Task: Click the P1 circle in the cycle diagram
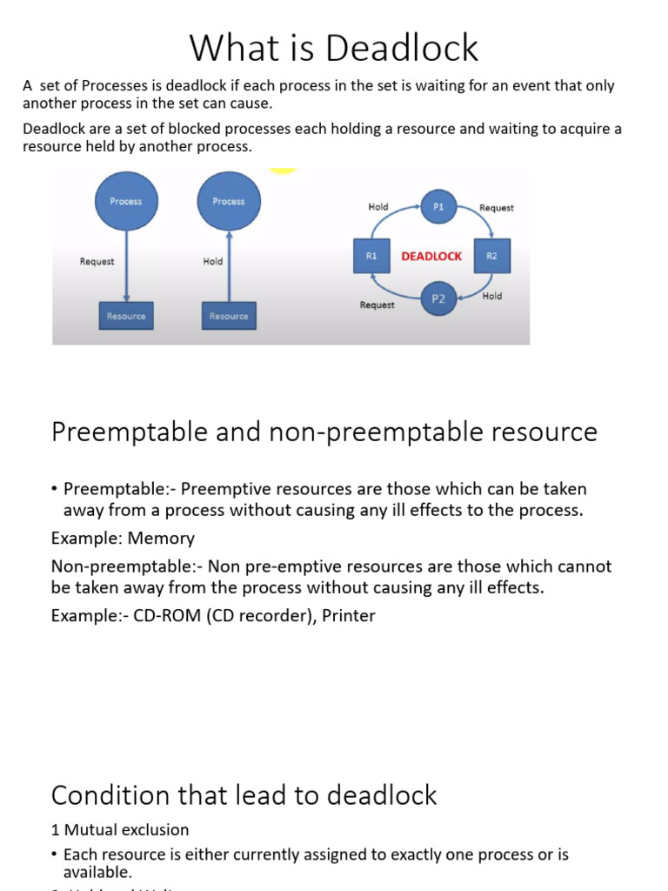(x=438, y=207)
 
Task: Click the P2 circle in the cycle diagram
(x=438, y=298)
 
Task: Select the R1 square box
(x=371, y=256)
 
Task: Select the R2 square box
(x=492, y=256)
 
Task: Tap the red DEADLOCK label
(x=431, y=257)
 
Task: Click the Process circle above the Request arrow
(x=126, y=202)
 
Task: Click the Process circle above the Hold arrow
(x=229, y=202)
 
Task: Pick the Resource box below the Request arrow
(x=126, y=316)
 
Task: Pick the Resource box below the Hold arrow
(x=229, y=316)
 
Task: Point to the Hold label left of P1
(x=378, y=207)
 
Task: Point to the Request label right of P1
(x=497, y=208)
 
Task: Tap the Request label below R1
(x=377, y=305)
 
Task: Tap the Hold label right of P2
(x=491, y=296)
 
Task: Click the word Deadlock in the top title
(x=409, y=48)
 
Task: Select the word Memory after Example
(x=164, y=539)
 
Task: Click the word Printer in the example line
(x=348, y=616)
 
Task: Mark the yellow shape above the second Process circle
(x=282, y=171)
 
